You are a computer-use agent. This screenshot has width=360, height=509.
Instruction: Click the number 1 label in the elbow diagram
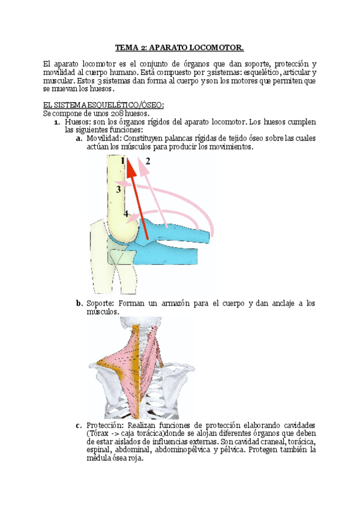pos(122,161)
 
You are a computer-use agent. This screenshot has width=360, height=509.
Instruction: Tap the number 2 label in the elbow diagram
pos(147,161)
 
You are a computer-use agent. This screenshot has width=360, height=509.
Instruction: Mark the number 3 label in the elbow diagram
pos(119,189)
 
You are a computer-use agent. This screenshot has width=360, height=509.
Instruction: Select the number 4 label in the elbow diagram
pos(125,214)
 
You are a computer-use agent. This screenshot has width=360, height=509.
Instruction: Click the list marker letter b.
pos(79,304)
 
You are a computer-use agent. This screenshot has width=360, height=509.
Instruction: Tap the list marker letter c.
pos(79,426)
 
